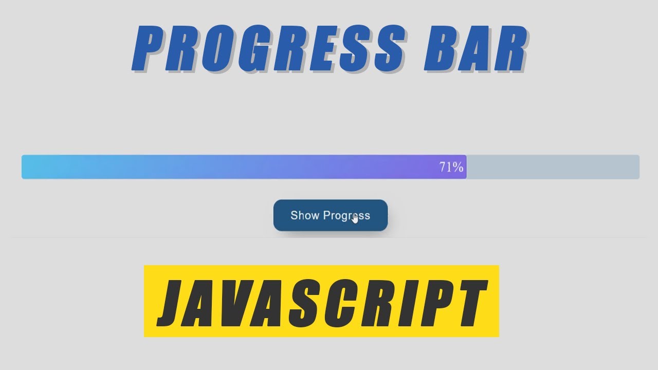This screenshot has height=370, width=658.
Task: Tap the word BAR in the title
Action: [x=475, y=49]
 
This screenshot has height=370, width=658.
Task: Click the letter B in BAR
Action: [x=438, y=49]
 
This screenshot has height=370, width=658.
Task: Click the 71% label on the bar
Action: [x=451, y=167]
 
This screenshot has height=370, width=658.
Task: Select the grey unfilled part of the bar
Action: [x=553, y=167]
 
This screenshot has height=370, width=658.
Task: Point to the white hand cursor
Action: [x=355, y=218]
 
